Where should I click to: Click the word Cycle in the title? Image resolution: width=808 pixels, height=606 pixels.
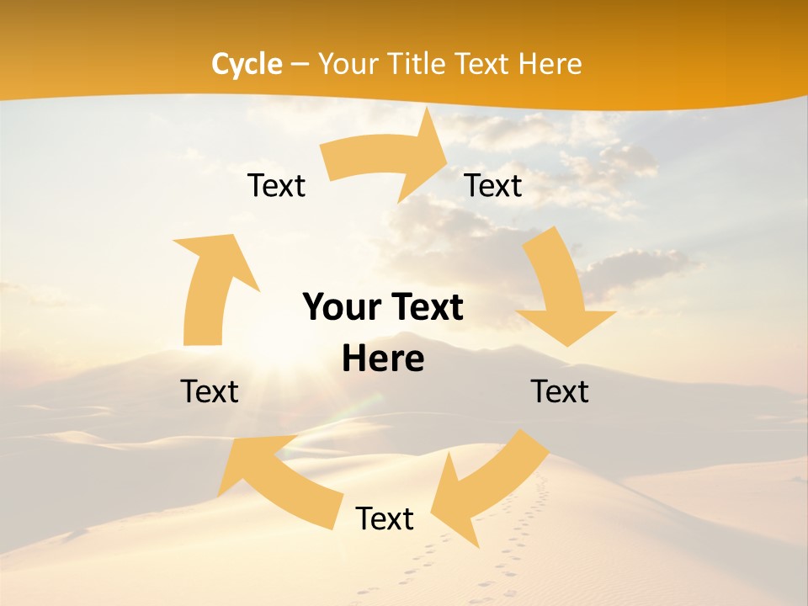247,64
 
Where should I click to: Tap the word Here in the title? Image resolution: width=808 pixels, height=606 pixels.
550,64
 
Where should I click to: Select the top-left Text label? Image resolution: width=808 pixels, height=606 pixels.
276,185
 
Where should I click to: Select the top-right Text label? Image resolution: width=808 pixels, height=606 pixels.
493,185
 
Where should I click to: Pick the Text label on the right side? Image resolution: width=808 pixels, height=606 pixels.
560,391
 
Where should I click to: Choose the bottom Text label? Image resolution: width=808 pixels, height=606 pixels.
385,518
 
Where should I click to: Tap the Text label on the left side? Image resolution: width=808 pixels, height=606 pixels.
210,391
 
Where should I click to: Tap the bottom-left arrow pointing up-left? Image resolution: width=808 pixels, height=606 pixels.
278,480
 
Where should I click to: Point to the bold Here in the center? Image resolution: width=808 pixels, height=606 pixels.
383,359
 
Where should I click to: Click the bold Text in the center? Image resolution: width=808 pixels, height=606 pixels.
426,308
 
